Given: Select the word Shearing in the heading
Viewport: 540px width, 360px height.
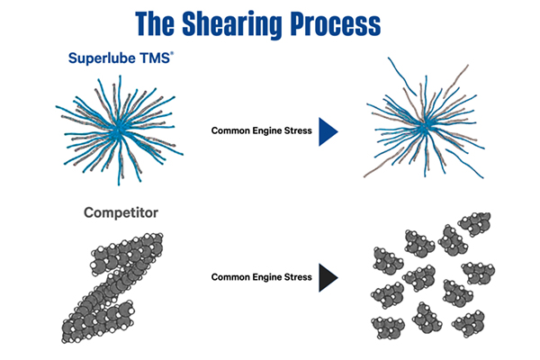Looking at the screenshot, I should tap(261, 22).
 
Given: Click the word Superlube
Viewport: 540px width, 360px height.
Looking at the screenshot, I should tap(101, 59).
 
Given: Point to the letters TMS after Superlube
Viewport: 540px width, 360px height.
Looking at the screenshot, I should tap(151, 59).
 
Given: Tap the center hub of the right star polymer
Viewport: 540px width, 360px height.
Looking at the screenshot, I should tap(423, 128).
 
